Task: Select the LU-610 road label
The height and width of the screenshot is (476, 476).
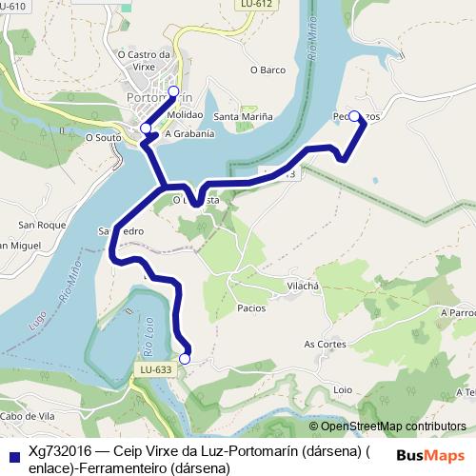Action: point(13,6)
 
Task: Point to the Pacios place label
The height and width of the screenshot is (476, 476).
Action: point(251,308)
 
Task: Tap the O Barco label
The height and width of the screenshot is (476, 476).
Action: point(268,69)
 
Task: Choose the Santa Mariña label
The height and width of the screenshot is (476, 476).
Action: point(243,117)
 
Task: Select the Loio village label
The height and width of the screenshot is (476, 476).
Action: point(343,390)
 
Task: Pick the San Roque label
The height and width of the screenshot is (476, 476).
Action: point(35,226)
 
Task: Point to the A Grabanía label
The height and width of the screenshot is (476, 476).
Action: point(189,134)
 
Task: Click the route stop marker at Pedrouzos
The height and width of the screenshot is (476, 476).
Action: point(354,116)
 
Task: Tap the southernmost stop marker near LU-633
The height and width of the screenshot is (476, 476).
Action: point(185,359)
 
